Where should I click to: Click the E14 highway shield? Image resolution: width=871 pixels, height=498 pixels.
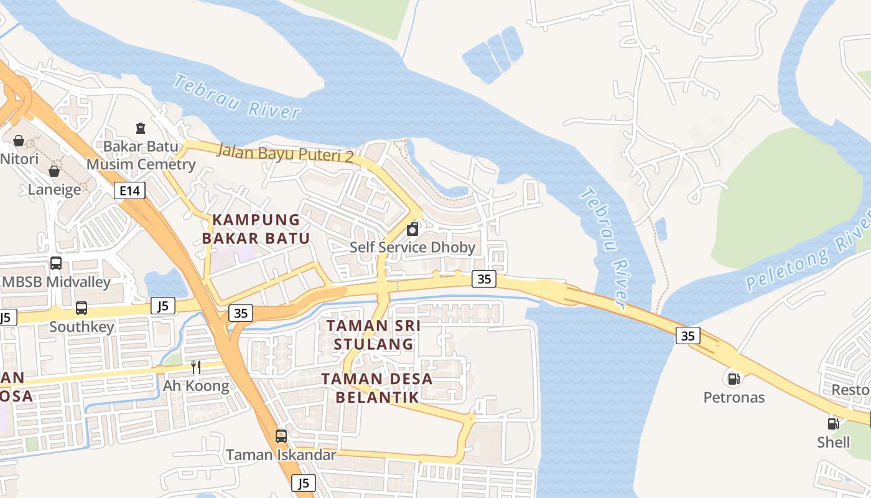[x=129, y=190]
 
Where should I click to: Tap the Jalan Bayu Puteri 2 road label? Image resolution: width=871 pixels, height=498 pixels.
[x=285, y=153]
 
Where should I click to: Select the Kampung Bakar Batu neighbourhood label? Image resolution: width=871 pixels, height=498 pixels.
[x=256, y=228]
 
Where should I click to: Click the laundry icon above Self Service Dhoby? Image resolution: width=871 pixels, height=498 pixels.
[x=412, y=230]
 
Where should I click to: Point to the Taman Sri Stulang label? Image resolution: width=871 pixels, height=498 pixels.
[x=373, y=335]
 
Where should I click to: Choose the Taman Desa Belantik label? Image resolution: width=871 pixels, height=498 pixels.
[x=378, y=387]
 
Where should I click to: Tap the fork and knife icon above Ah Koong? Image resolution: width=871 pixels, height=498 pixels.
[x=195, y=367]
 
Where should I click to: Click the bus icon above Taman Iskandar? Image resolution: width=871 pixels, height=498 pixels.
[x=281, y=436]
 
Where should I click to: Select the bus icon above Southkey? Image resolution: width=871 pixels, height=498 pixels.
[x=82, y=308]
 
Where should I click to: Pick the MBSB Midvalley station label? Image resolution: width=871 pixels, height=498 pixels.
[x=56, y=282]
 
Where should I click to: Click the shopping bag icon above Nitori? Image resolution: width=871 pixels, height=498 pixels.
[x=19, y=141]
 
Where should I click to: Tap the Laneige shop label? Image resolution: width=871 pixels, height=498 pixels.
[x=55, y=189]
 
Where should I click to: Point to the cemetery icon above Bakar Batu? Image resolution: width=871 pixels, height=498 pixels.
[x=141, y=128]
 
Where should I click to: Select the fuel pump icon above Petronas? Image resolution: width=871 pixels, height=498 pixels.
[x=734, y=378]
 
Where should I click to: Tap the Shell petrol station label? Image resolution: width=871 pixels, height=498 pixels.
[x=834, y=442]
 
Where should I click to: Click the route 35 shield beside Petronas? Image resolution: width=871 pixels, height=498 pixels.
[x=687, y=336]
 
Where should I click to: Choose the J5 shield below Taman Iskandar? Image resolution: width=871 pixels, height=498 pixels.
[x=304, y=482]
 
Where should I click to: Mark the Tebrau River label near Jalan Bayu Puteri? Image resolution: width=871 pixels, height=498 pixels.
[x=236, y=97]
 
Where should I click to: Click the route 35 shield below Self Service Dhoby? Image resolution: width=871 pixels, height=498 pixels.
[x=484, y=279]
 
